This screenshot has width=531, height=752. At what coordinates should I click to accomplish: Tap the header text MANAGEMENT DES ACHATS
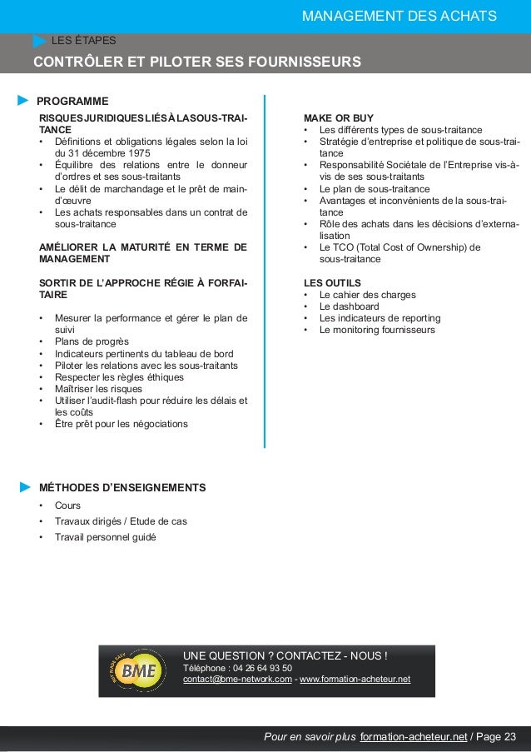(x=399, y=15)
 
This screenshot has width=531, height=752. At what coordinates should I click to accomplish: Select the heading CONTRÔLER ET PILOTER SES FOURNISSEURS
(x=196, y=62)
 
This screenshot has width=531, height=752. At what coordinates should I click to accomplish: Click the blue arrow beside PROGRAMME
(x=23, y=101)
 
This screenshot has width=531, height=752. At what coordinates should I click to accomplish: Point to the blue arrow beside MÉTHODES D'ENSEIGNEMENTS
(x=25, y=486)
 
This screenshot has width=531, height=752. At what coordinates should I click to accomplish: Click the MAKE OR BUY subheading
(x=339, y=117)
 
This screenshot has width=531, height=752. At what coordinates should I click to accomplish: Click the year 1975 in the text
(x=135, y=153)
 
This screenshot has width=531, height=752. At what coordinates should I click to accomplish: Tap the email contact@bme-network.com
(x=237, y=679)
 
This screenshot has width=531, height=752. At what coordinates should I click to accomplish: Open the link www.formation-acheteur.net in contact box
(x=355, y=679)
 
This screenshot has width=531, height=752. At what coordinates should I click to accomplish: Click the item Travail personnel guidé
(x=105, y=536)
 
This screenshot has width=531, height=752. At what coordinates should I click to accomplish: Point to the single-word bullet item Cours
(x=67, y=505)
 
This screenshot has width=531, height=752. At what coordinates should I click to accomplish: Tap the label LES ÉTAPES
(x=83, y=39)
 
